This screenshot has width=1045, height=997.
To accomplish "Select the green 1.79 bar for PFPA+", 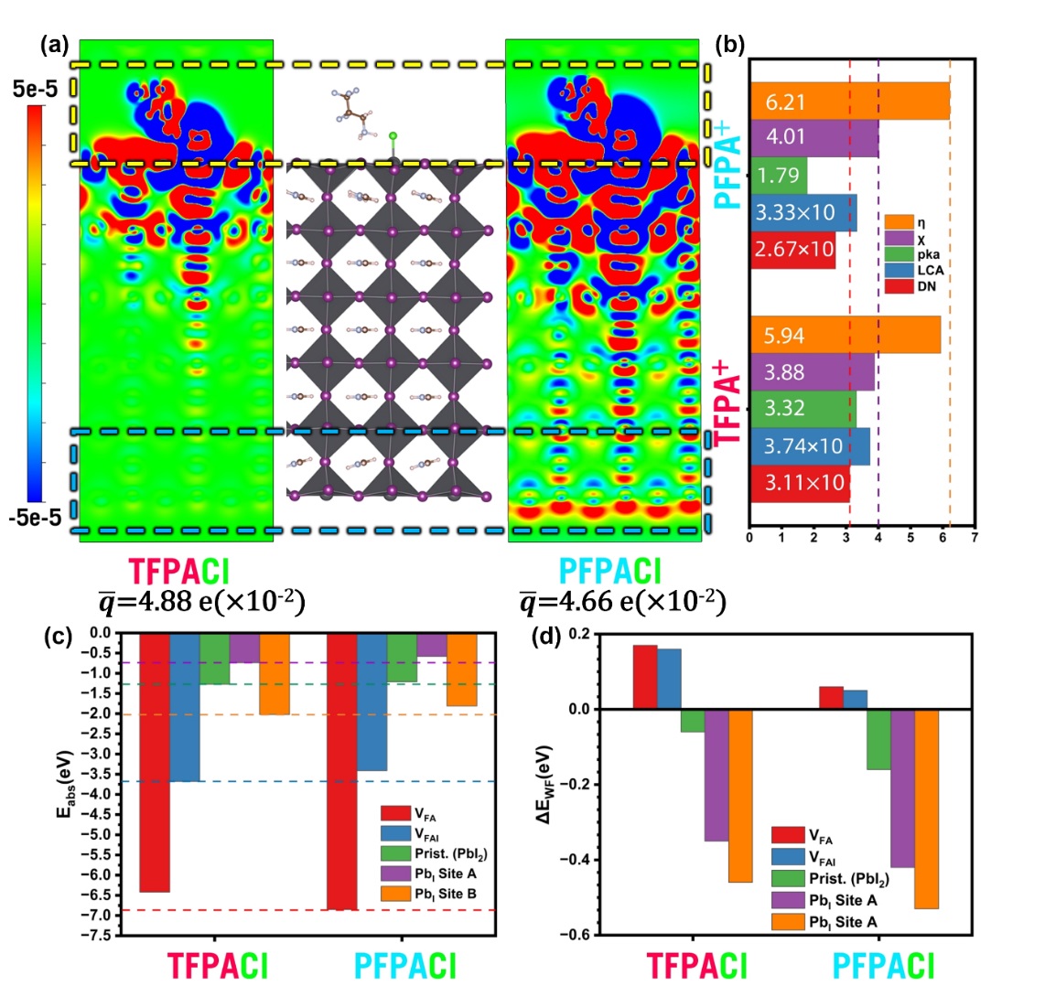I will click(779, 175).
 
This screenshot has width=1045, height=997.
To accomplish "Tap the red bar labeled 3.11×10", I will click(800, 484).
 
